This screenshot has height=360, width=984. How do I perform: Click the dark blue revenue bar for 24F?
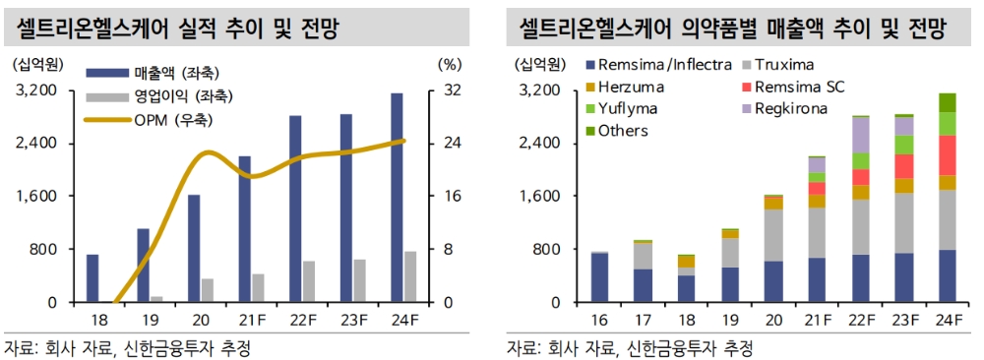pos(397,197)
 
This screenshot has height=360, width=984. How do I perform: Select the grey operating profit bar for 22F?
pos(309,281)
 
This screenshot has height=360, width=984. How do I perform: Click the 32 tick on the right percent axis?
pos(453,90)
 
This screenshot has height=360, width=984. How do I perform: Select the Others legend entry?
pos(623,130)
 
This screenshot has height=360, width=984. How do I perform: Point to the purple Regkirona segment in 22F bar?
pos(861,135)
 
